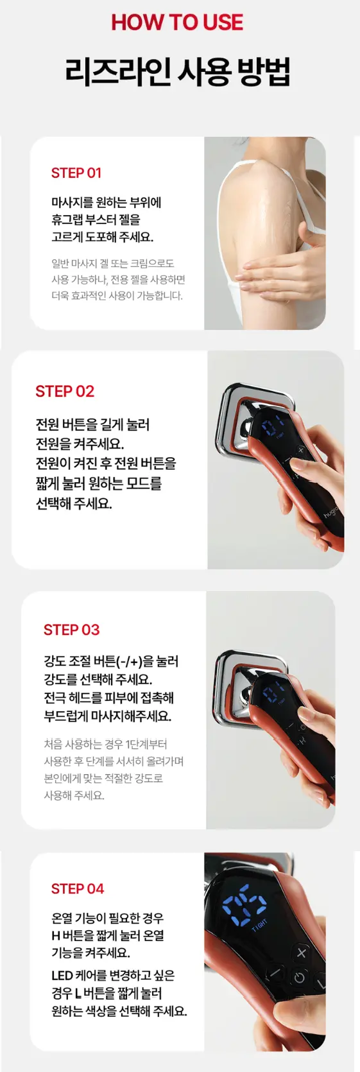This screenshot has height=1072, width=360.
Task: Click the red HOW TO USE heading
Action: (177, 22)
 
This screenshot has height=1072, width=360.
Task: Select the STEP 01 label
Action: (76, 173)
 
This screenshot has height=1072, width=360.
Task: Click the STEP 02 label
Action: (65, 392)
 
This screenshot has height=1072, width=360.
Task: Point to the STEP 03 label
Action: (71, 630)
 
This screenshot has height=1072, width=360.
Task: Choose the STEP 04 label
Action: (77, 888)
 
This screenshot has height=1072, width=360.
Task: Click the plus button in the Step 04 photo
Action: (302, 953)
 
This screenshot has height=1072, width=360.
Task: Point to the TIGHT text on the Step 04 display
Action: (260, 925)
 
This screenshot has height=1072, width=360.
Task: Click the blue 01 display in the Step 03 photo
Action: (273, 693)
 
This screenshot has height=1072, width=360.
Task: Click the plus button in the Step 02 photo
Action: (300, 451)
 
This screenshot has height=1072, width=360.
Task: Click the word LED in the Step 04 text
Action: (62, 975)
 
